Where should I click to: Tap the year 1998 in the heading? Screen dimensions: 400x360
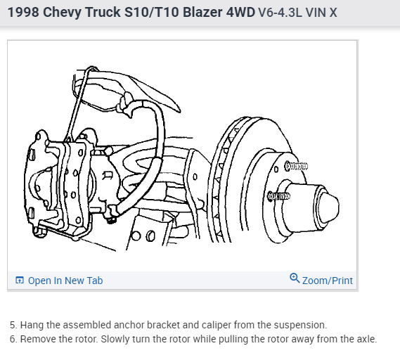[23, 12]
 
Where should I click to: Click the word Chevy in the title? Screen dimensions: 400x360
[62, 13]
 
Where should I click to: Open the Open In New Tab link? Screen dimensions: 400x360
[65, 281]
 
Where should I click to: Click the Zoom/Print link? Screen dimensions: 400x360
[328, 281]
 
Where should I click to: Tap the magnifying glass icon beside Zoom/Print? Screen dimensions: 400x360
[295, 278]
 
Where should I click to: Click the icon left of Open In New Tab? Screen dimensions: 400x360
[20, 280]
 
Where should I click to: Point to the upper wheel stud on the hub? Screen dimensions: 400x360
[296, 167]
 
